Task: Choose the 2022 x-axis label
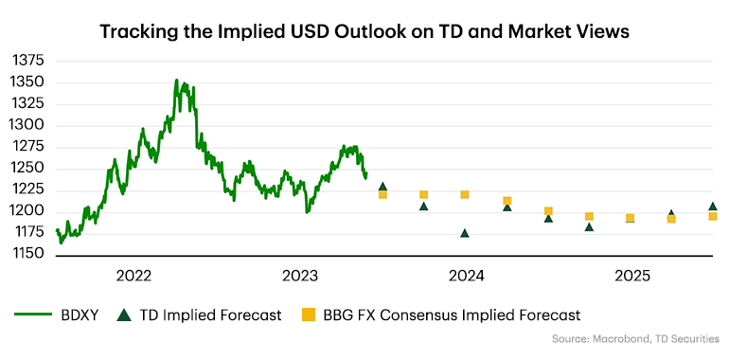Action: click(134, 276)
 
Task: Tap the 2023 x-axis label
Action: click(301, 276)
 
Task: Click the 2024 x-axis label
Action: click(467, 276)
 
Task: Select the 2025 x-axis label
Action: click(632, 276)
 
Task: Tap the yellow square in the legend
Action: click(306, 315)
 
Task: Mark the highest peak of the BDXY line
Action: click(177, 81)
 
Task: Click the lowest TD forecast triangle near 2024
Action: click(465, 233)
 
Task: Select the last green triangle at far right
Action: click(713, 206)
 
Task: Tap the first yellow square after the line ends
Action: click(382, 194)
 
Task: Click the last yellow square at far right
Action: click(713, 217)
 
